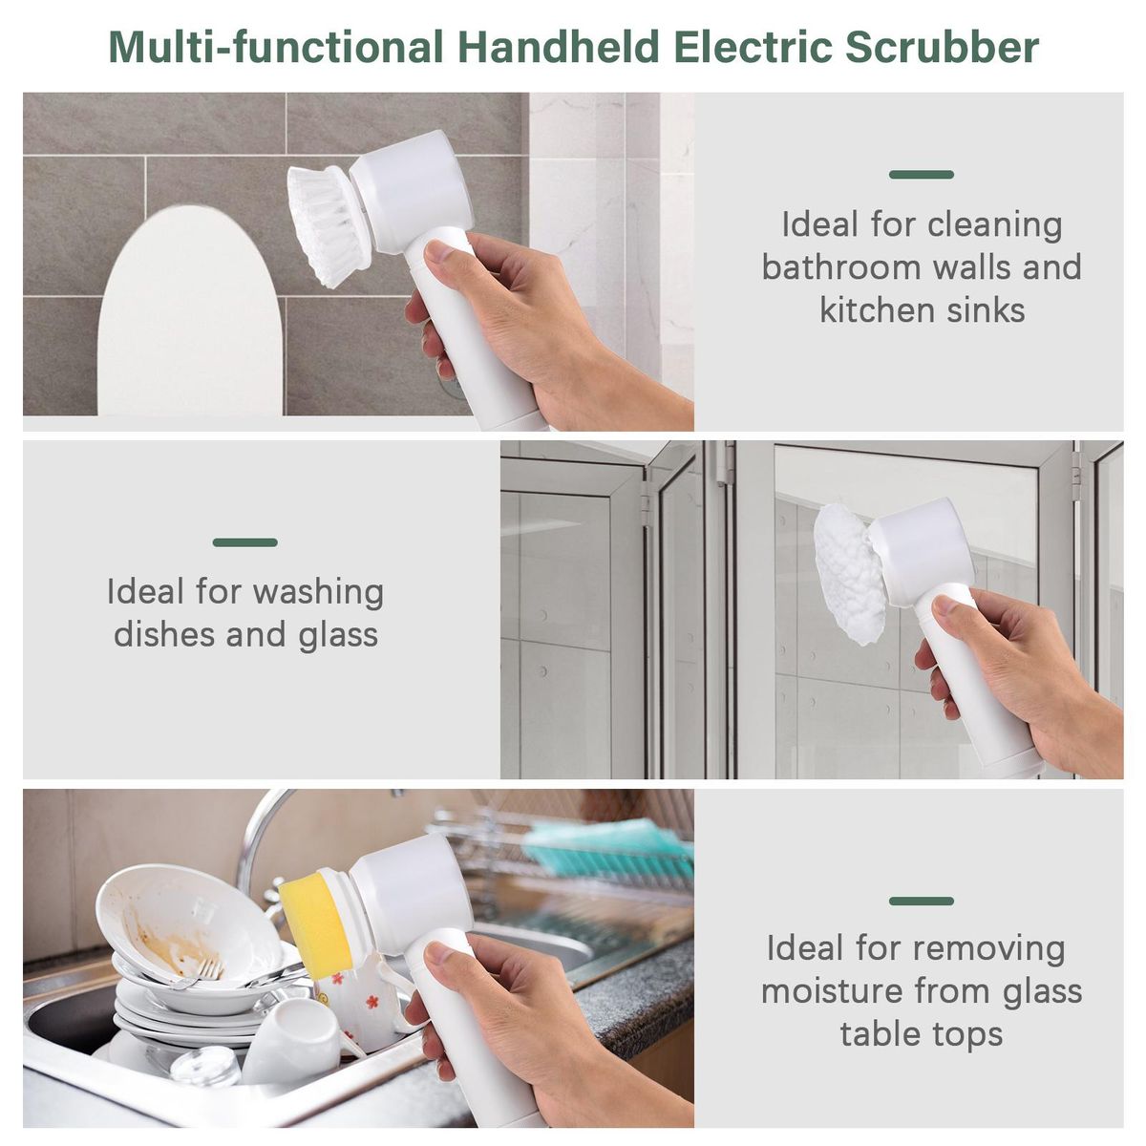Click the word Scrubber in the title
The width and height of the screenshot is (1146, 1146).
(942, 47)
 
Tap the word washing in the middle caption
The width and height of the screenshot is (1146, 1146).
(319, 593)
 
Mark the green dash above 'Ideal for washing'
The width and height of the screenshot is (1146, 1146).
(245, 542)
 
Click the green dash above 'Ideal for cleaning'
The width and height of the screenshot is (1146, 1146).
(922, 175)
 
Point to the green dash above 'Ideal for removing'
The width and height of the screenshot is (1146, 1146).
(922, 901)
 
